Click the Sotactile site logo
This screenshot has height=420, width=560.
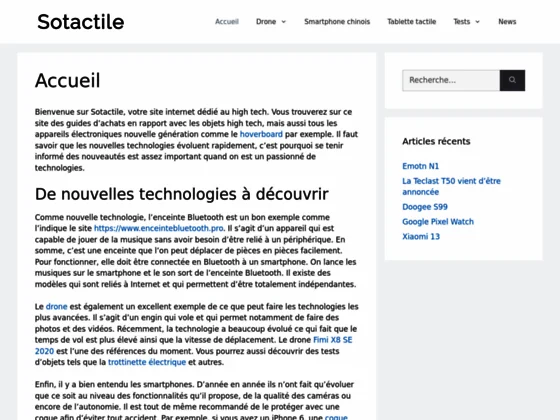[80, 21]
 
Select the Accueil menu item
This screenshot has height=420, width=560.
[227, 21]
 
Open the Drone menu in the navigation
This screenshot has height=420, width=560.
[270, 21]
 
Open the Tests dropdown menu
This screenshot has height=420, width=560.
[466, 21]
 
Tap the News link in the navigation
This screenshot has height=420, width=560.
[507, 21]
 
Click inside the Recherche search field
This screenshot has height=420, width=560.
[450, 80]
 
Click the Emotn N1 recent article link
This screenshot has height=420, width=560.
[421, 165]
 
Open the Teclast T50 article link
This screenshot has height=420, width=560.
[451, 186]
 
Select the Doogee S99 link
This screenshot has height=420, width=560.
[425, 206]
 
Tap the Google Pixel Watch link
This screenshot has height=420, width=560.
[438, 221]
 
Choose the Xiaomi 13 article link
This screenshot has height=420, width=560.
[421, 236]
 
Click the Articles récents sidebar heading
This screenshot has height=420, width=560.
[436, 141]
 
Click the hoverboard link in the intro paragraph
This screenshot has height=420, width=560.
[261, 133]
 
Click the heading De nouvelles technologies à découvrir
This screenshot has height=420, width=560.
[181, 193]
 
